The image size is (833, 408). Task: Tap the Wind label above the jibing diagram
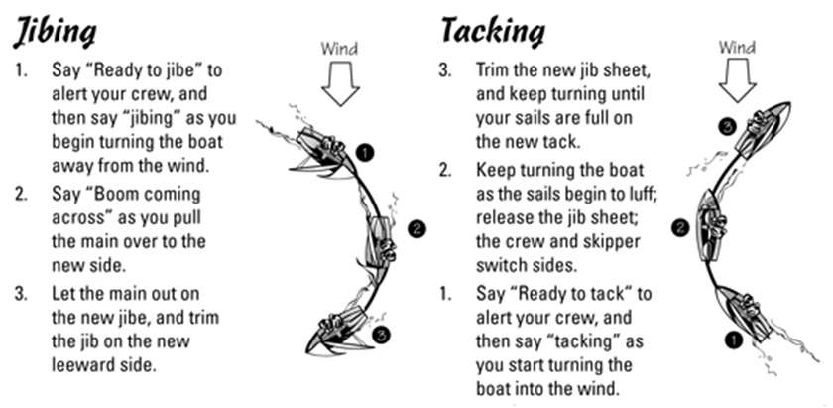pyautogui.click(x=341, y=47)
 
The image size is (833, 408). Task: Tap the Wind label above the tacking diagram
pyautogui.click(x=736, y=46)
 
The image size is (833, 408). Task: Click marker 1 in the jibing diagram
pyautogui.click(x=365, y=154)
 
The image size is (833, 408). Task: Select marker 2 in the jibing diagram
pyautogui.click(x=416, y=229)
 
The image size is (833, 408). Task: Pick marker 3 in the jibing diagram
pyautogui.click(x=381, y=335)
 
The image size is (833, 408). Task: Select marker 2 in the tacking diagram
pyautogui.click(x=679, y=228)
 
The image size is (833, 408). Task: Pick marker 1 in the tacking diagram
pyautogui.click(x=735, y=339)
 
